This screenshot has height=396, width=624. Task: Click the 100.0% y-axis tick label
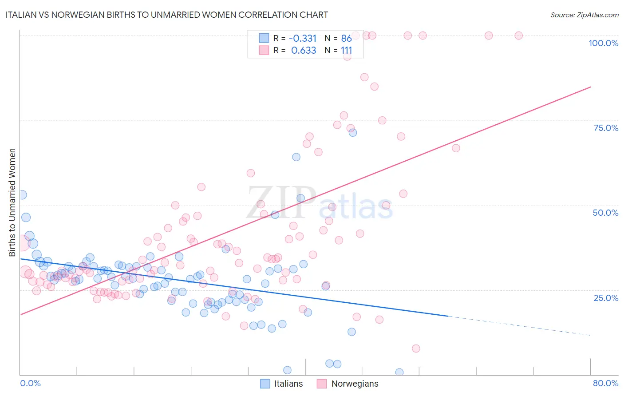(603, 43)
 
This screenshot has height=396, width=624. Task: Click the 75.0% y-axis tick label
(606, 128)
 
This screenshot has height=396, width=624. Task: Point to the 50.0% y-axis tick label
(605, 213)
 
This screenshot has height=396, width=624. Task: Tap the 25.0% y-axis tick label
(606, 298)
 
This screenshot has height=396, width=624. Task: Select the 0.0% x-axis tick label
(30, 383)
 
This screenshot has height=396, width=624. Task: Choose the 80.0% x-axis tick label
(605, 383)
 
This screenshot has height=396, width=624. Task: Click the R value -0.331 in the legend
(303, 38)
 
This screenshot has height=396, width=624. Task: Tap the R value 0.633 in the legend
(304, 50)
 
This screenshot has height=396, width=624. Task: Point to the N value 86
(346, 38)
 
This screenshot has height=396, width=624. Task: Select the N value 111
(346, 50)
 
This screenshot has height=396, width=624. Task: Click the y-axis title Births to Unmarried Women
(12, 202)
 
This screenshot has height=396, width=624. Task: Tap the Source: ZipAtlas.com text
(584, 15)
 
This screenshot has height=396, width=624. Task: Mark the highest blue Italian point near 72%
(352, 132)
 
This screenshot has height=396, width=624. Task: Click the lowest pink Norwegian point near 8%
(416, 348)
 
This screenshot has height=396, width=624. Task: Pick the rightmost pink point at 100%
(518, 36)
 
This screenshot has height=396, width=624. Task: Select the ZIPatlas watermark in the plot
(320, 204)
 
